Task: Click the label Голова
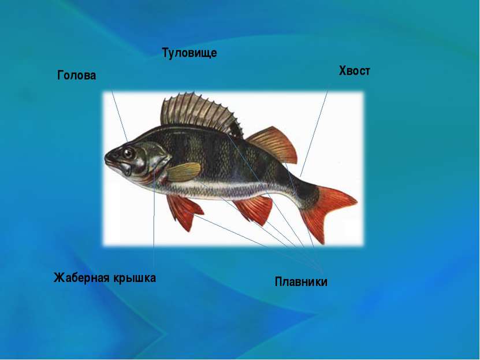(76, 75)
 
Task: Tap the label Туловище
(189, 53)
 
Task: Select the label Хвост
(354, 70)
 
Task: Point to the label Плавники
(301, 281)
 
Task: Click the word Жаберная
(82, 277)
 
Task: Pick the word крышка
(135, 278)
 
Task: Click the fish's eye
(128, 153)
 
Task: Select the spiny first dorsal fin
(200, 114)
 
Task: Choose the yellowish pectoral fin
(184, 172)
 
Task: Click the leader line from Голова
(120, 116)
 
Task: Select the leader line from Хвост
(314, 133)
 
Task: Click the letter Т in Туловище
(165, 52)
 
